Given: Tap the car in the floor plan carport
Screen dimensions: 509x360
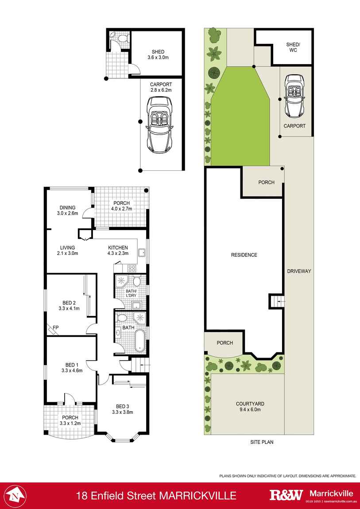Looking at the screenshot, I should pyautogui.click(x=160, y=125).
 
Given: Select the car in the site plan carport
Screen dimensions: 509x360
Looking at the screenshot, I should pyautogui.click(x=294, y=96).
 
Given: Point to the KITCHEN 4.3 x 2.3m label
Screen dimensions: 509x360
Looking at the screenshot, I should pyautogui.click(x=118, y=251).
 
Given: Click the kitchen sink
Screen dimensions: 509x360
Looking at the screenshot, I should pyautogui.click(x=142, y=253).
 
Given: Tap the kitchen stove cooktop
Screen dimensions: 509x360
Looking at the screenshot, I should pyautogui.click(x=132, y=268).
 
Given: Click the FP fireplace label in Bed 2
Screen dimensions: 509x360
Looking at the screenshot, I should pyautogui.click(x=55, y=328).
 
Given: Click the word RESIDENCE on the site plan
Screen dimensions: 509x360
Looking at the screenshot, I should pyautogui.click(x=244, y=255).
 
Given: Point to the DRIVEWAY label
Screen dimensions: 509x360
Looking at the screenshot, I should pyautogui.click(x=299, y=271).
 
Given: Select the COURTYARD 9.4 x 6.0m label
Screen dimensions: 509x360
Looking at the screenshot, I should pyautogui.click(x=250, y=407).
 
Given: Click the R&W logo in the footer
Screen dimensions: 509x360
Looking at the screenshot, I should pyautogui.click(x=286, y=495).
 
